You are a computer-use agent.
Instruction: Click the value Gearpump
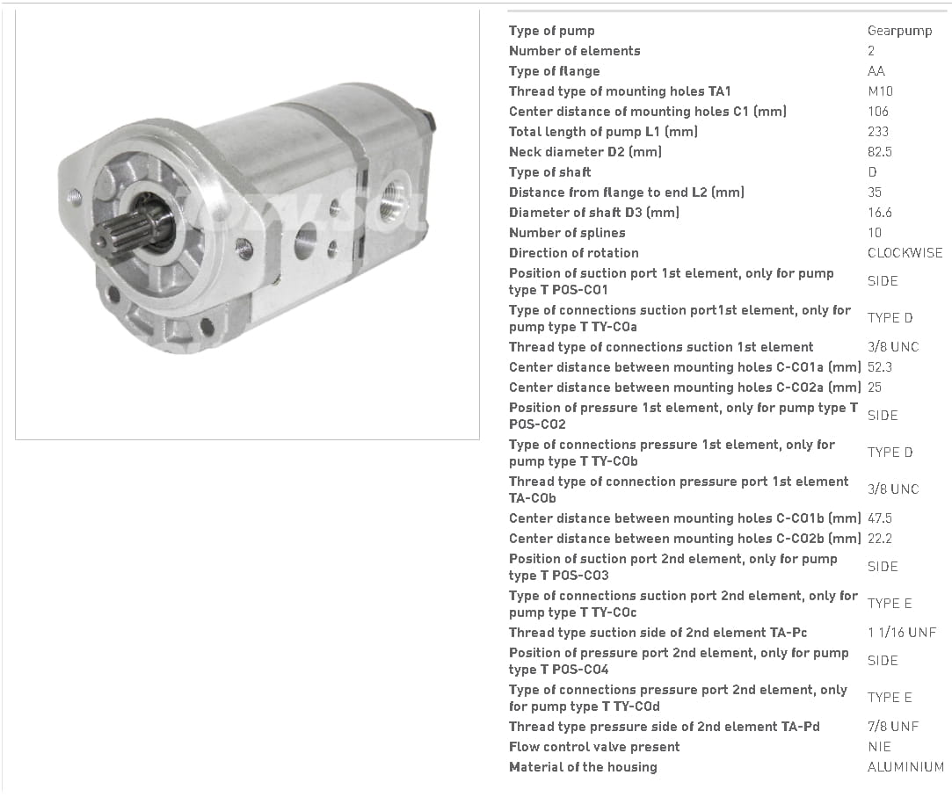(x=899, y=31)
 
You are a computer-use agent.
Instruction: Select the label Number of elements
(x=574, y=51)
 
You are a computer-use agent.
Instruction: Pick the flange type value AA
(x=876, y=71)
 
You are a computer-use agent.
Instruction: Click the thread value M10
(x=880, y=91)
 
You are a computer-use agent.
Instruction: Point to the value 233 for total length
(x=878, y=132)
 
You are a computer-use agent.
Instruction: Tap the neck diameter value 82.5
(x=880, y=152)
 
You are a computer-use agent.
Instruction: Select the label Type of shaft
(x=550, y=172)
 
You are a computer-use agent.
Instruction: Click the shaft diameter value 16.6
(x=880, y=213)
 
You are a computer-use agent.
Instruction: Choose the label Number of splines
(x=567, y=233)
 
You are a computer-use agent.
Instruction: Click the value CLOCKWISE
(x=905, y=253)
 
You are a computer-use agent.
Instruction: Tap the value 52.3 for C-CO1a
(x=880, y=367)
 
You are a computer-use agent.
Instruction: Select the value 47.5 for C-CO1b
(x=880, y=518)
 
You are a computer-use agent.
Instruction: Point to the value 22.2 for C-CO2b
(x=880, y=539)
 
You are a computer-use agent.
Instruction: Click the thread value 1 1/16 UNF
(x=902, y=633)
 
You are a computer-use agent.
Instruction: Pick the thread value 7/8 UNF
(x=893, y=727)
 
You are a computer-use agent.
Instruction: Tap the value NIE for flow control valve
(x=879, y=747)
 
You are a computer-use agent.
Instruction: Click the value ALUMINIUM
(x=905, y=767)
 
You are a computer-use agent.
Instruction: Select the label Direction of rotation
(x=574, y=253)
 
